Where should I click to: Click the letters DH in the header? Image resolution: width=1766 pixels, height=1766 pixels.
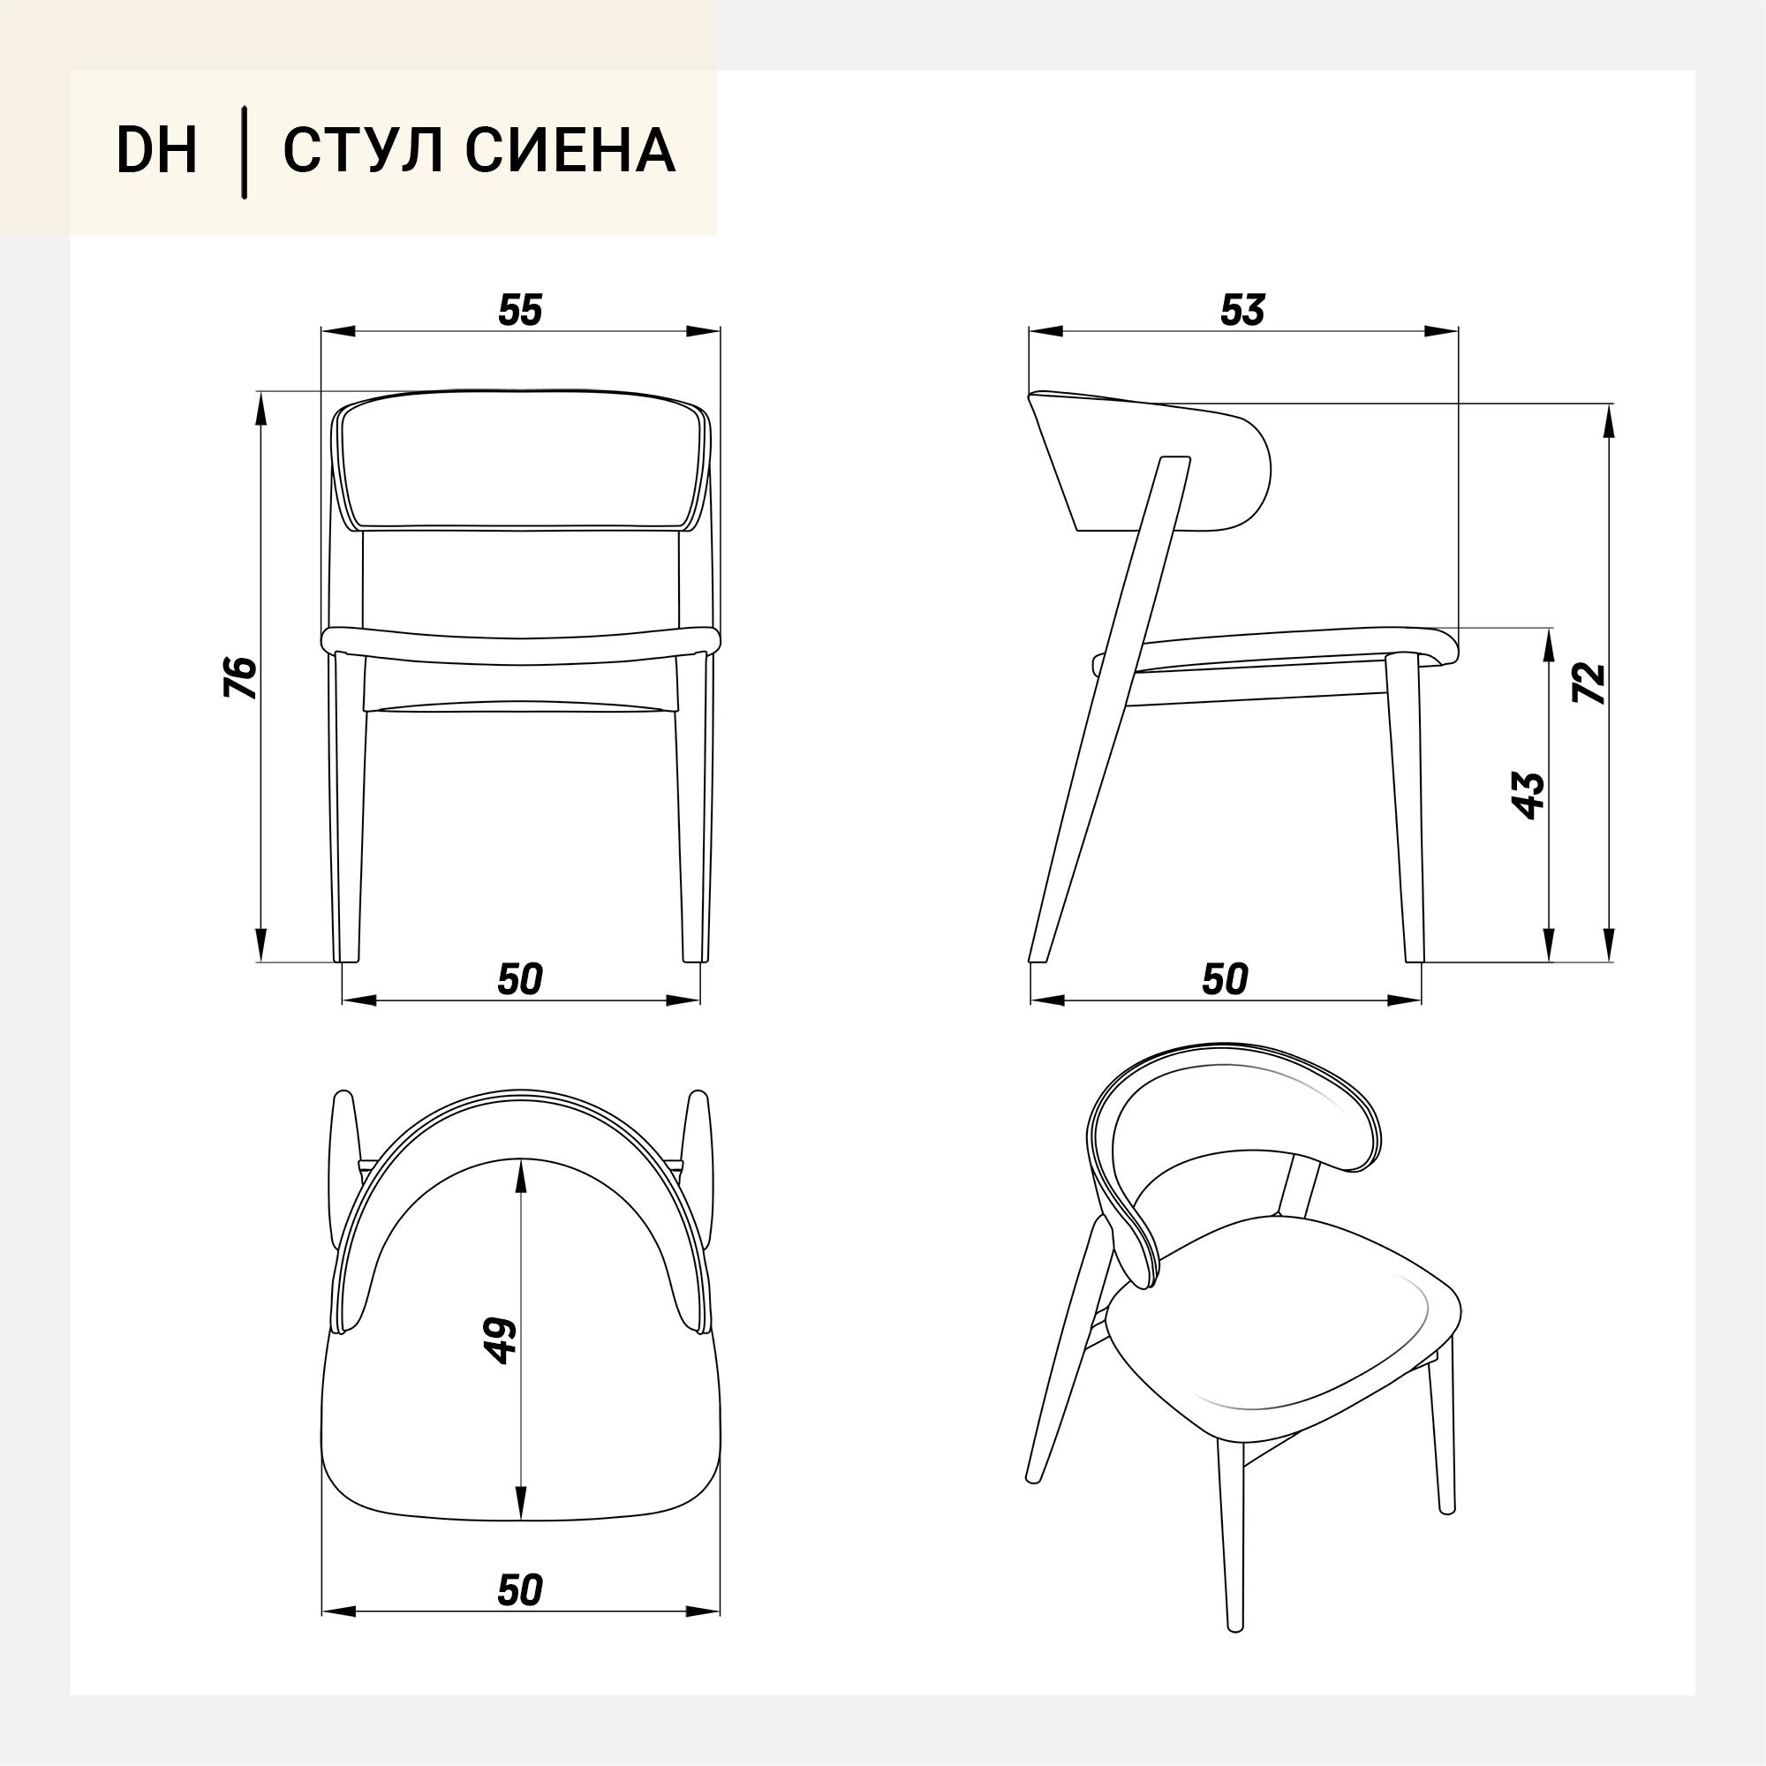click(x=156, y=150)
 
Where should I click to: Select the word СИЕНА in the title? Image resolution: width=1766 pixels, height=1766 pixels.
click(x=570, y=150)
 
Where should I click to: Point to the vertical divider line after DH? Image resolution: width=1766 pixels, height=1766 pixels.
click(x=244, y=152)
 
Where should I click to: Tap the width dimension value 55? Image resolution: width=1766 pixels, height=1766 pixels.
click(x=520, y=311)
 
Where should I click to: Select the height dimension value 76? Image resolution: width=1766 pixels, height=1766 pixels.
click(x=240, y=677)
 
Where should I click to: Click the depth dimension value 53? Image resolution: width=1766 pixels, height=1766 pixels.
click(x=1242, y=311)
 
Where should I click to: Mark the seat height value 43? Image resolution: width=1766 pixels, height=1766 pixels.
click(x=1528, y=796)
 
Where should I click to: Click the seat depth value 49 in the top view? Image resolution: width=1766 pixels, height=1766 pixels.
click(x=501, y=1341)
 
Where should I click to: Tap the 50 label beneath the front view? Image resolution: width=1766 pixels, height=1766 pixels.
click(x=520, y=980)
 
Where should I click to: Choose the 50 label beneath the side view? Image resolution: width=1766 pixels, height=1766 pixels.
click(x=1225, y=980)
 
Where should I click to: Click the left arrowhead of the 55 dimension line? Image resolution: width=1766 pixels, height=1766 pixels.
click(x=337, y=331)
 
